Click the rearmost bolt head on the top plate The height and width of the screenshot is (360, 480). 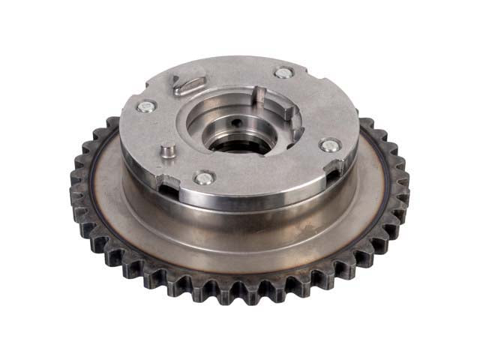pos(283,73)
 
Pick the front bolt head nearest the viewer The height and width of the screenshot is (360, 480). pos(204,178)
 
